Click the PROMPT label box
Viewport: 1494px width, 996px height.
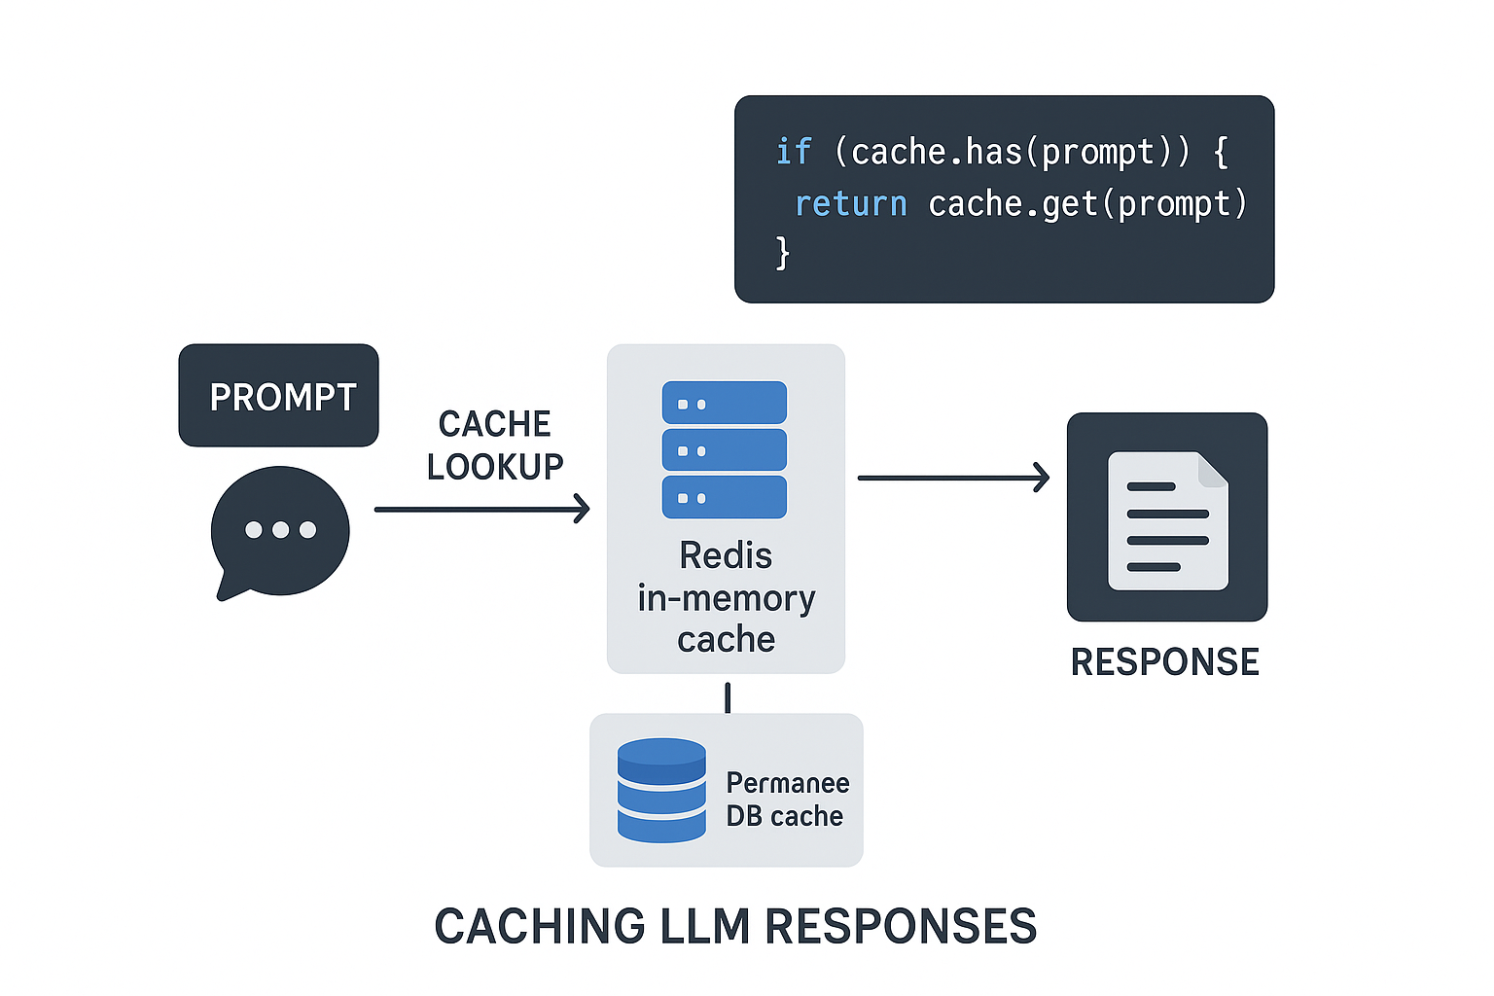[x=278, y=396]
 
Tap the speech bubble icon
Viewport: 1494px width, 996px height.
[x=280, y=531]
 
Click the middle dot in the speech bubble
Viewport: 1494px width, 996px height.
[x=280, y=530]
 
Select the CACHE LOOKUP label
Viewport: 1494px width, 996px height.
[x=495, y=445]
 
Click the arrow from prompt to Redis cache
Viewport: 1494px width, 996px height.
[x=482, y=509]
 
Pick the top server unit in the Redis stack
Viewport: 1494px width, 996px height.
[x=725, y=403]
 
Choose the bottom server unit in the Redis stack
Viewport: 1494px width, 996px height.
[x=725, y=497]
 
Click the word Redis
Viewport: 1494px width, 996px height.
[x=726, y=555]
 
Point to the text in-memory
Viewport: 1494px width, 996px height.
[x=727, y=598]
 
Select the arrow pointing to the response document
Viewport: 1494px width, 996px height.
[x=953, y=478]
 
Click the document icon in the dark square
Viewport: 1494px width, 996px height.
[x=1167, y=520]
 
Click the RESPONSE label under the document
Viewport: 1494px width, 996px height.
[x=1165, y=662]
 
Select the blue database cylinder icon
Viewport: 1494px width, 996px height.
[x=661, y=790]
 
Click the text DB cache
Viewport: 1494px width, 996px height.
[x=785, y=816]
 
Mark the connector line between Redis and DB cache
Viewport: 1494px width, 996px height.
[x=728, y=697]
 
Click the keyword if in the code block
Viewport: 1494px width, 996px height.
[x=793, y=152]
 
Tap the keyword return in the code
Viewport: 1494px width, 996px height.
[x=851, y=203]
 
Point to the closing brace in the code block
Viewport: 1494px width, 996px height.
[x=783, y=253]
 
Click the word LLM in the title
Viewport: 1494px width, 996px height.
[x=701, y=926]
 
